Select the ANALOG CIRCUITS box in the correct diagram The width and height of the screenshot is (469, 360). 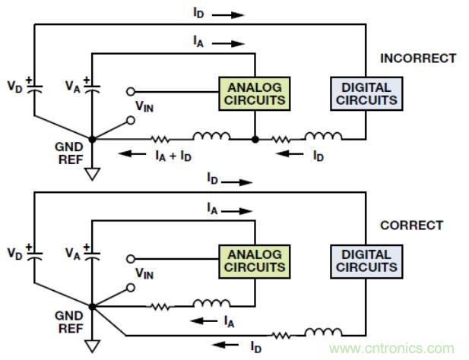[x=255, y=259]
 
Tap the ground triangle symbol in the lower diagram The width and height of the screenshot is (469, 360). [x=93, y=344]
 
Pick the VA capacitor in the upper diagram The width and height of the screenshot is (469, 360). [x=93, y=87]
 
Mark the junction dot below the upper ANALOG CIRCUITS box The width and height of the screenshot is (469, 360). [x=255, y=139]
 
